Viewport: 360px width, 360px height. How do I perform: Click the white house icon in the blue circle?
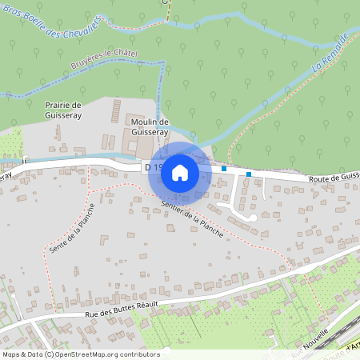point(180,172)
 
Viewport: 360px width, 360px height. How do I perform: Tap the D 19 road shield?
point(151,168)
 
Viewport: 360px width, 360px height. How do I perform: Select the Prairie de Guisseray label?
point(63,110)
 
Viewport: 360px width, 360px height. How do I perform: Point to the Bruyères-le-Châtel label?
point(105,58)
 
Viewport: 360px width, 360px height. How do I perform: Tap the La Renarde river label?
point(330,51)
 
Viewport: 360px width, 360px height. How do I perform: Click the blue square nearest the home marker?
point(225,169)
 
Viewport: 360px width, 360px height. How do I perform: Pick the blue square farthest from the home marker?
point(249,174)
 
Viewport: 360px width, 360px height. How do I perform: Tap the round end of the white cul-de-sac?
point(251,216)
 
